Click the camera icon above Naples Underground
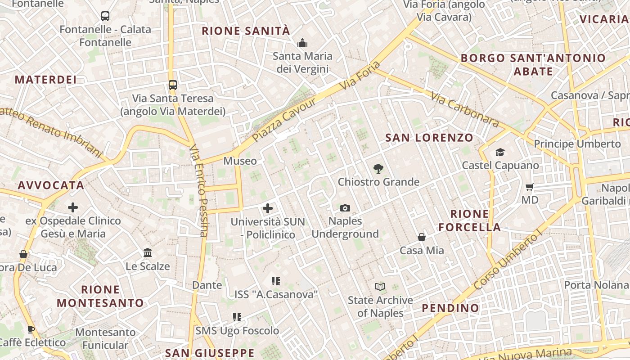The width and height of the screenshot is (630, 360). tap(345, 208)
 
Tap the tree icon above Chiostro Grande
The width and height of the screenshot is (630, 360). tap(378, 169)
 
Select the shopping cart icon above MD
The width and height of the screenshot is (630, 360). tap(530, 186)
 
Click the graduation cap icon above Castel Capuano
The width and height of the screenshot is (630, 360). tap(500, 152)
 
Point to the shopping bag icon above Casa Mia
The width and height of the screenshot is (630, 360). tap(422, 237)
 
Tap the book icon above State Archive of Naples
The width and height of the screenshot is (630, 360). tap(380, 287)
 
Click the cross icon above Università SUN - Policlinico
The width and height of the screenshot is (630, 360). tap(268, 208)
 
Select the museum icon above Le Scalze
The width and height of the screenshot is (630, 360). tap(148, 252)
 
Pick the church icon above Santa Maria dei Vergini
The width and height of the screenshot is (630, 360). tap(302, 43)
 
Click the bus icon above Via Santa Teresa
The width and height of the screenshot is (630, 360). tap(173, 85)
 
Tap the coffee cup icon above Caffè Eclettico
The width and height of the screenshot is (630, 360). tap(31, 329)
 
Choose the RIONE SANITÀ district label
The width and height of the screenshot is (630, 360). tap(246, 31)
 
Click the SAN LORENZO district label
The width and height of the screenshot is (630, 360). tap(429, 138)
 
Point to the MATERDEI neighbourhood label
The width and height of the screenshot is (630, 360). tap(46, 80)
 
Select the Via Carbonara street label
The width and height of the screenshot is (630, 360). tap(465, 109)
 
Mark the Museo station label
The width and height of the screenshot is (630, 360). tap(240, 161)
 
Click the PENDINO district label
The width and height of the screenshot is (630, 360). tap(450, 308)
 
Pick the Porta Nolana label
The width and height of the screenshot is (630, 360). tap(596, 285)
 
